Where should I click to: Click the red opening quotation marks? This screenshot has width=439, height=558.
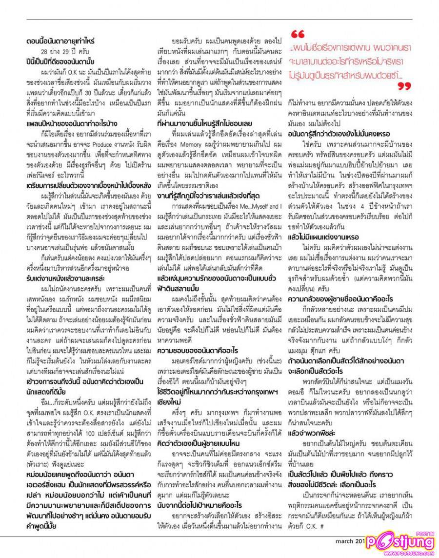point(298,35)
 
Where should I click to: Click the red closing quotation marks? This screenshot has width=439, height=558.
point(404,87)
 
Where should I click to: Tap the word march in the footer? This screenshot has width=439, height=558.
point(347,540)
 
